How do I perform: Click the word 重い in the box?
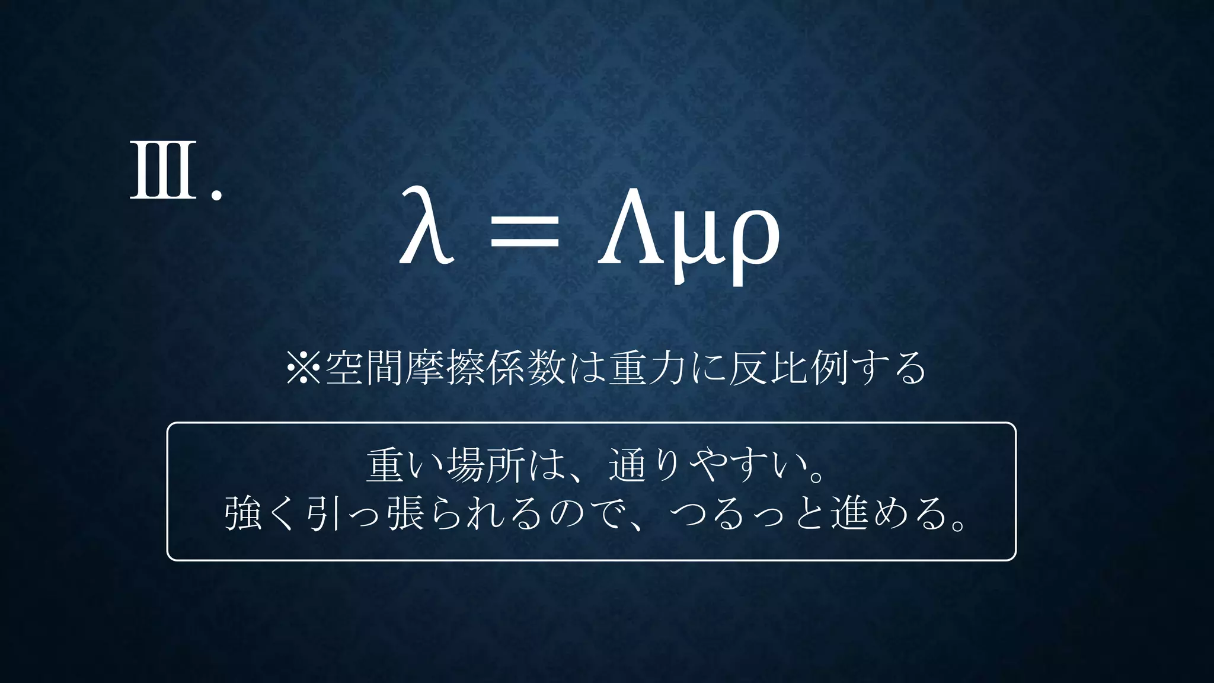406,466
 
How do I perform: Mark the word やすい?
749,466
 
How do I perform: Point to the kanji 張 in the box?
406,513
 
